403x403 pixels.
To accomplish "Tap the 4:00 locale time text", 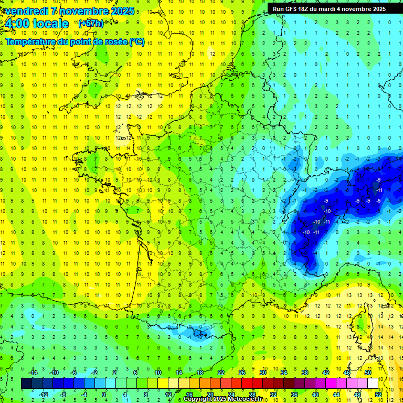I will pos(37,24).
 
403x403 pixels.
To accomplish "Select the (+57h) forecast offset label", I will pos(90,24).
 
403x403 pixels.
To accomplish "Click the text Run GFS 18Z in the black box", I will pos(292,9).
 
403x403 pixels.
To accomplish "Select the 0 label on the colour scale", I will pos(103,394).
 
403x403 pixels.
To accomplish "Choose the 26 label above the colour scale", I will pos(241,373).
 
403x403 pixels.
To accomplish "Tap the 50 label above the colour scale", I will pos(367,373).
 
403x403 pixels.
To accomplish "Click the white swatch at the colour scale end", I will pos(373,383).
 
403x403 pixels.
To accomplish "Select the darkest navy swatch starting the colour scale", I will pos(26,383).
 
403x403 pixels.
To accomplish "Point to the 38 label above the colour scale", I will pos(304,373).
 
